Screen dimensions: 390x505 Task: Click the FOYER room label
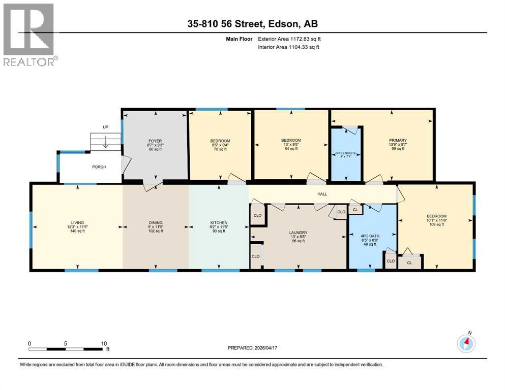[155, 141]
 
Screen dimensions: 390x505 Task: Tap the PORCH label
[99, 167]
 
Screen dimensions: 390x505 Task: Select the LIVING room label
[77, 222]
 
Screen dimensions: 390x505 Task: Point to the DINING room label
[156, 222]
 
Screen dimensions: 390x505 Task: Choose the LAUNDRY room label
[298, 232]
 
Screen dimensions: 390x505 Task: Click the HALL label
[322, 193]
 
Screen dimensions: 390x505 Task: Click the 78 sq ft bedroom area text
[220, 149]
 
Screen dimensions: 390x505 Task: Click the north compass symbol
[466, 343]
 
